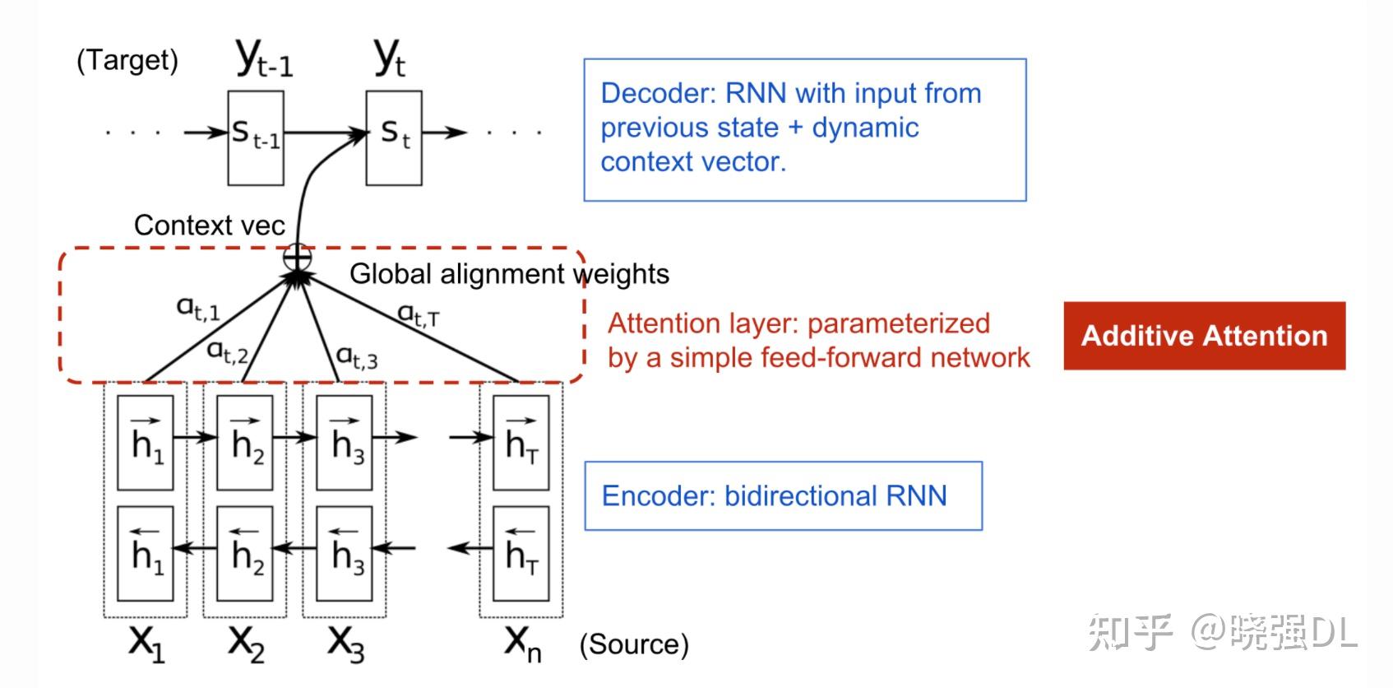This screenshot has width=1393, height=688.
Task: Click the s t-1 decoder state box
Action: (256, 137)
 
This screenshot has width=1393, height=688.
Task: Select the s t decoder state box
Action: (394, 137)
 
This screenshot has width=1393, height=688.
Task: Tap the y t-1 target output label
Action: (264, 58)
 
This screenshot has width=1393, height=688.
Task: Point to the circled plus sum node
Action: (297, 257)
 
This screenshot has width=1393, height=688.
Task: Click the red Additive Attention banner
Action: (1205, 336)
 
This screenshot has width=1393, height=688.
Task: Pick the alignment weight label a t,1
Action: (198, 308)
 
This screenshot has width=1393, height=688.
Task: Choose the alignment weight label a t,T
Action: (419, 315)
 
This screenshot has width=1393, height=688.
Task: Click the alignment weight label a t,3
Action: (356, 357)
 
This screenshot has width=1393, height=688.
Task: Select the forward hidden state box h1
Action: (145, 442)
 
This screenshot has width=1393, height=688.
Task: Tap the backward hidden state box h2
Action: (244, 554)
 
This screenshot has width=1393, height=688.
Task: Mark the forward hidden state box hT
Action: (521, 442)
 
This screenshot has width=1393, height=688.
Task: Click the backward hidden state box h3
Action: (344, 554)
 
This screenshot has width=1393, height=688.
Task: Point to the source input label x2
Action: (246, 644)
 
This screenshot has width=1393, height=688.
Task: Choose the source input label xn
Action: (523, 644)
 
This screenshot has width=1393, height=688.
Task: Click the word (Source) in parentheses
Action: (634, 644)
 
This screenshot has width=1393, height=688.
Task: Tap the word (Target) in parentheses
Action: (127, 60)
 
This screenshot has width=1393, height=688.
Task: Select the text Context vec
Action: (210, 225)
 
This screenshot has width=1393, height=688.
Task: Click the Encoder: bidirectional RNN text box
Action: (784, 495)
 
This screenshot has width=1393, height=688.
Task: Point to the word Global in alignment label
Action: (391, 273)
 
